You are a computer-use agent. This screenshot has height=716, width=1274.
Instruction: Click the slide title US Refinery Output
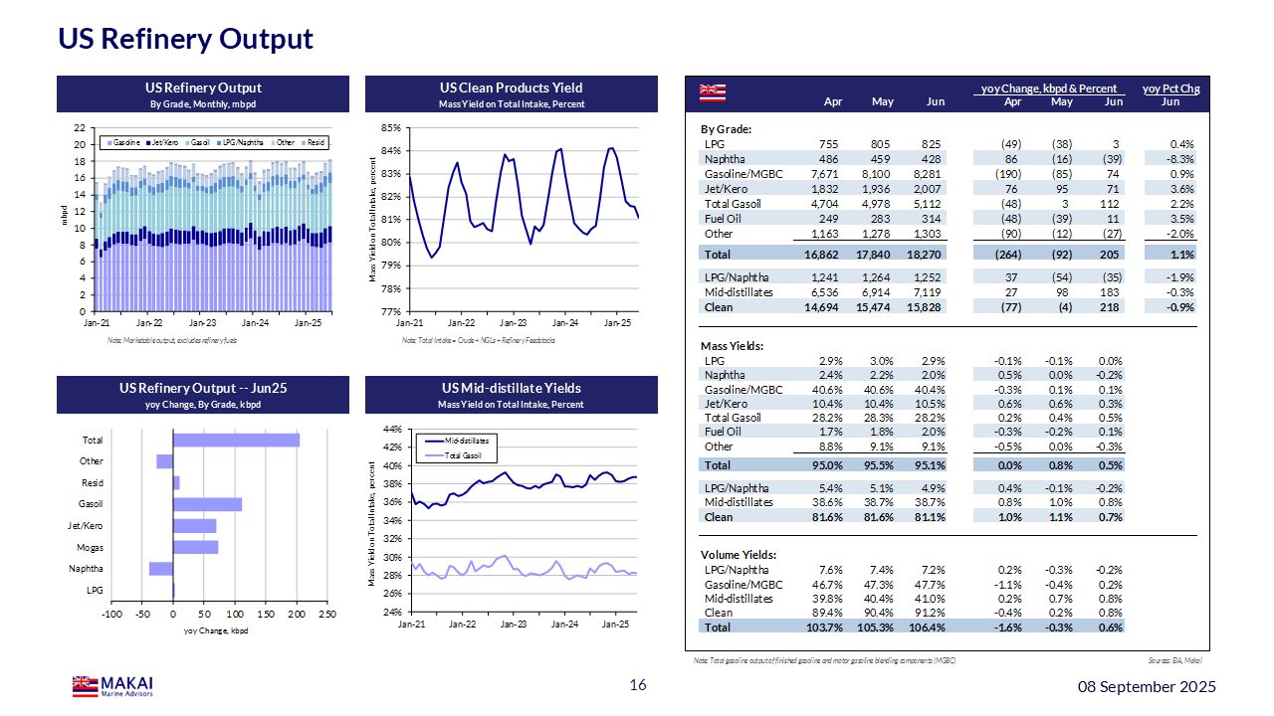[x=185, y=39]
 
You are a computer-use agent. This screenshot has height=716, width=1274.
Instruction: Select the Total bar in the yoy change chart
[x=236, y=440]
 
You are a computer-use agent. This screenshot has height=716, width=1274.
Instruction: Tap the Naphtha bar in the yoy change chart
[x=161, y=569]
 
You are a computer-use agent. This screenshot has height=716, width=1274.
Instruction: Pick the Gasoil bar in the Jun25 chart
[x=207, y=504]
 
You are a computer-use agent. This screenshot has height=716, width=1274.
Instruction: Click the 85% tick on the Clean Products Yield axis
[x=389, y=128]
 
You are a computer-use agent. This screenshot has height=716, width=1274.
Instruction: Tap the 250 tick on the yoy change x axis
[x=327, y=614]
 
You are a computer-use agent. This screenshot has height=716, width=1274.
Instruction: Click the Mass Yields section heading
[x=732, y=346]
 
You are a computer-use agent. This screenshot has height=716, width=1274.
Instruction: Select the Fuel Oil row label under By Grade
[x=722, y=219]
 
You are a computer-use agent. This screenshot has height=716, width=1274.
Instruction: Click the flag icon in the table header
[x=710, y=92]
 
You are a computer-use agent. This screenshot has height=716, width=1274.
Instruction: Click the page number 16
[x=638, y=685]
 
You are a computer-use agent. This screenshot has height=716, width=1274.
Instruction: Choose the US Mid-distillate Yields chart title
[x=511, y=389]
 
